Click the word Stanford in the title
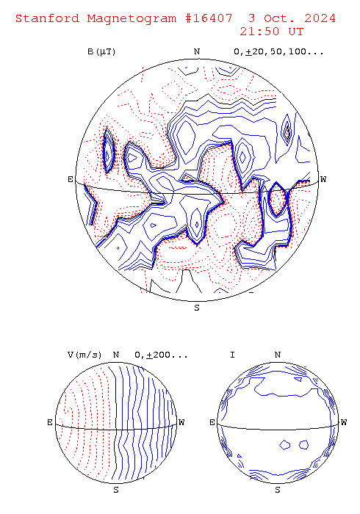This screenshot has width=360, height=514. coord(48,18)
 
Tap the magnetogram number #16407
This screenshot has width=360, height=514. coord(209,18)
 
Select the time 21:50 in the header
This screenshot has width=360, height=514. coord(259,32)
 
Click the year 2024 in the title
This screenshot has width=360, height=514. coord(320,18)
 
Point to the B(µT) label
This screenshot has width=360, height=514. coord(101,52)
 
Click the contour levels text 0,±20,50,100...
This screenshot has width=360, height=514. coord(278,52)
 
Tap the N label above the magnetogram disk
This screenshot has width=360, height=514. coord(197,51)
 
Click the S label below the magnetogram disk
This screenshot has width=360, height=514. coord(197,308)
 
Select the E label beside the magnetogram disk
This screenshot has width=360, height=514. coord(71,179)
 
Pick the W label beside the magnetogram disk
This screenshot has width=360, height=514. coord(323,179)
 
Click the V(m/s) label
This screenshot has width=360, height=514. coord(84,355)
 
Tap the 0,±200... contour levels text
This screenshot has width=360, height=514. coord(161,355)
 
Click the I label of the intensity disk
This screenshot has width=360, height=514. coord(232,355)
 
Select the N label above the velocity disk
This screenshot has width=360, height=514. coord(116,355)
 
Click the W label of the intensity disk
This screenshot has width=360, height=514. coord(344,422)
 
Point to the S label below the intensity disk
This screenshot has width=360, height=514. coord(278,490)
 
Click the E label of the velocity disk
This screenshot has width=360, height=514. coord(50,422)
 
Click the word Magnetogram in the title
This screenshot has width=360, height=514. coord(132,18)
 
